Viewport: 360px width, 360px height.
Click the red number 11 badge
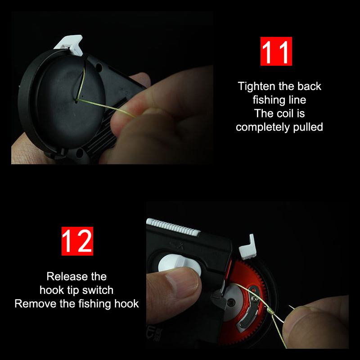(x=276, y=51)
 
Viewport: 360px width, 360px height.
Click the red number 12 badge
(x=77, y=241)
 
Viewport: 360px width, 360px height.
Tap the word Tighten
(x=256, y=86)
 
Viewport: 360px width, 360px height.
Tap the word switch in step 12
(x=98, y=290)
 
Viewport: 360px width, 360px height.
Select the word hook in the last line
(x=126, y=304)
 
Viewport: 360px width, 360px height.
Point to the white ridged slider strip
(x=173, y=227)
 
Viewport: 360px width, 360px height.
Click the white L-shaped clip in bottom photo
(x=247, y=247)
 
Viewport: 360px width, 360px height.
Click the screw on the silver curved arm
(x=255, y=298)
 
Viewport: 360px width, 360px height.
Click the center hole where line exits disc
(x=76, y=100)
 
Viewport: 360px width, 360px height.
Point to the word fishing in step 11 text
(x=268, y=100)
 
